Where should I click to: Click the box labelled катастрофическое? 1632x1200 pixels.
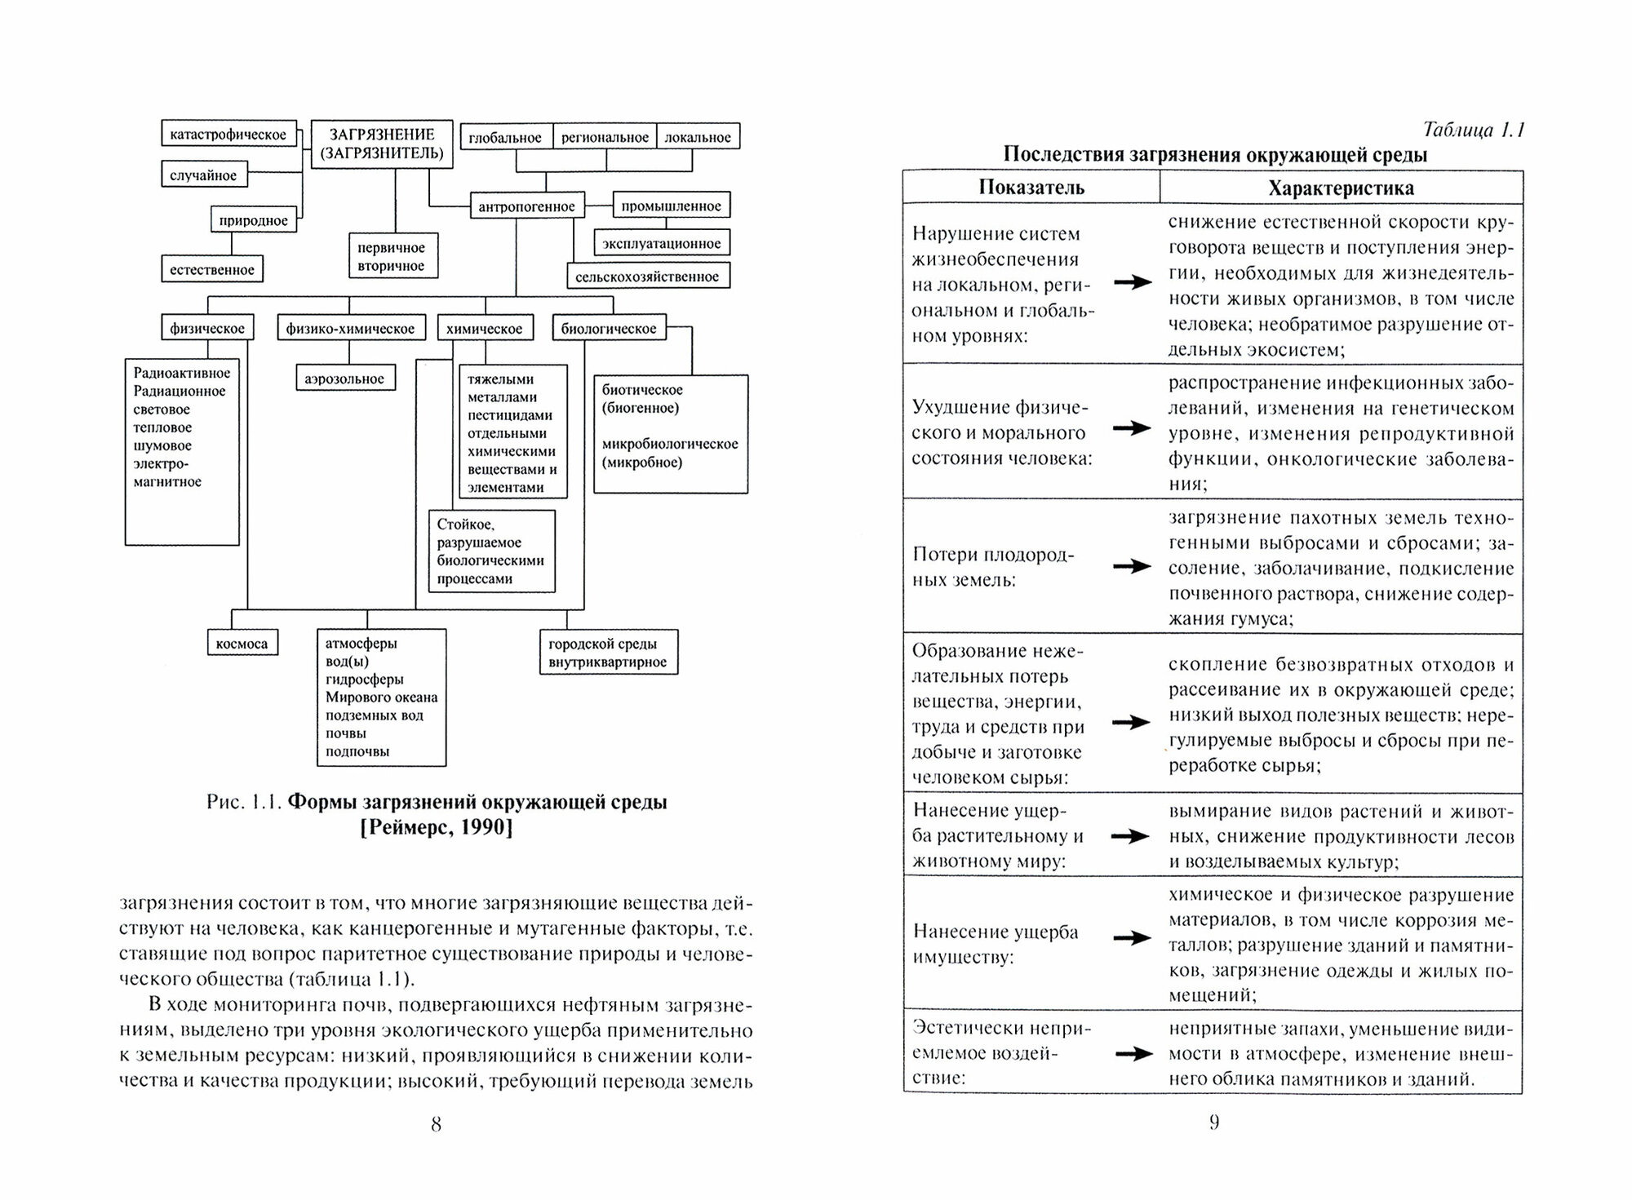pos(228,135)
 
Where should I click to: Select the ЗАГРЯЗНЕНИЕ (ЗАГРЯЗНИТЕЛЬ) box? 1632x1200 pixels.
pos(382,144)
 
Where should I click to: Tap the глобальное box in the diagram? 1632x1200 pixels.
pos(506,137)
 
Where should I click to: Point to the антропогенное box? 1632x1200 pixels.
pos(526,206)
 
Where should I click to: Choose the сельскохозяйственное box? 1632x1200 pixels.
pos(647,277)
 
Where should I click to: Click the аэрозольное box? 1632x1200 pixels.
pos(344,379)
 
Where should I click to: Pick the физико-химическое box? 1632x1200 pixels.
pos(350,329)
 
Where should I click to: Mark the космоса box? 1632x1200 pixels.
pos(242,644)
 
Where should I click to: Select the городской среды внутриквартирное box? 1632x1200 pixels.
pos(608,653)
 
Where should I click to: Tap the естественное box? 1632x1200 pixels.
pos(212,269)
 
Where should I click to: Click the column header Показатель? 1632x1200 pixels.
pos(1031,188)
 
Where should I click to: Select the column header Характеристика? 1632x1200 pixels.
pos(1341,188)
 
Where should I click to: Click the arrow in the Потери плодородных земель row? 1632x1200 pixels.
pos(1132,566)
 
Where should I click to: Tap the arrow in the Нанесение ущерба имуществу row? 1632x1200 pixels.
pos(1132,938)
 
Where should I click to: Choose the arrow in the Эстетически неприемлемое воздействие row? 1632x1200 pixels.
pos(1133,1054)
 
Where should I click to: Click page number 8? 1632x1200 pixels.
pos(436,1125)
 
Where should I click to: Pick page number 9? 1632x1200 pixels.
pos(1214,1123)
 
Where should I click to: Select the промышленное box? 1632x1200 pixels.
pos(671,206)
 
